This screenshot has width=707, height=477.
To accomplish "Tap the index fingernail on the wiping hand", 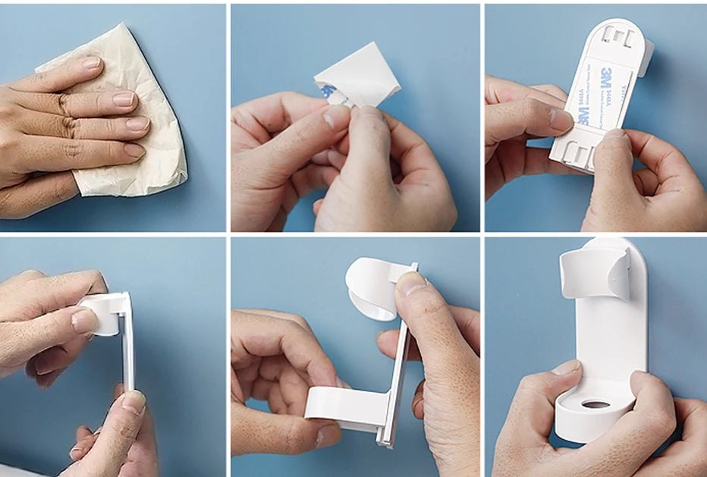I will (90, 64).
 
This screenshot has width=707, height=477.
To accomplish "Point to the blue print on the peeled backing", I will (328, 93).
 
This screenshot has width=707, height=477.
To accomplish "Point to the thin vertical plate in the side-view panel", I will (127, 349).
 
